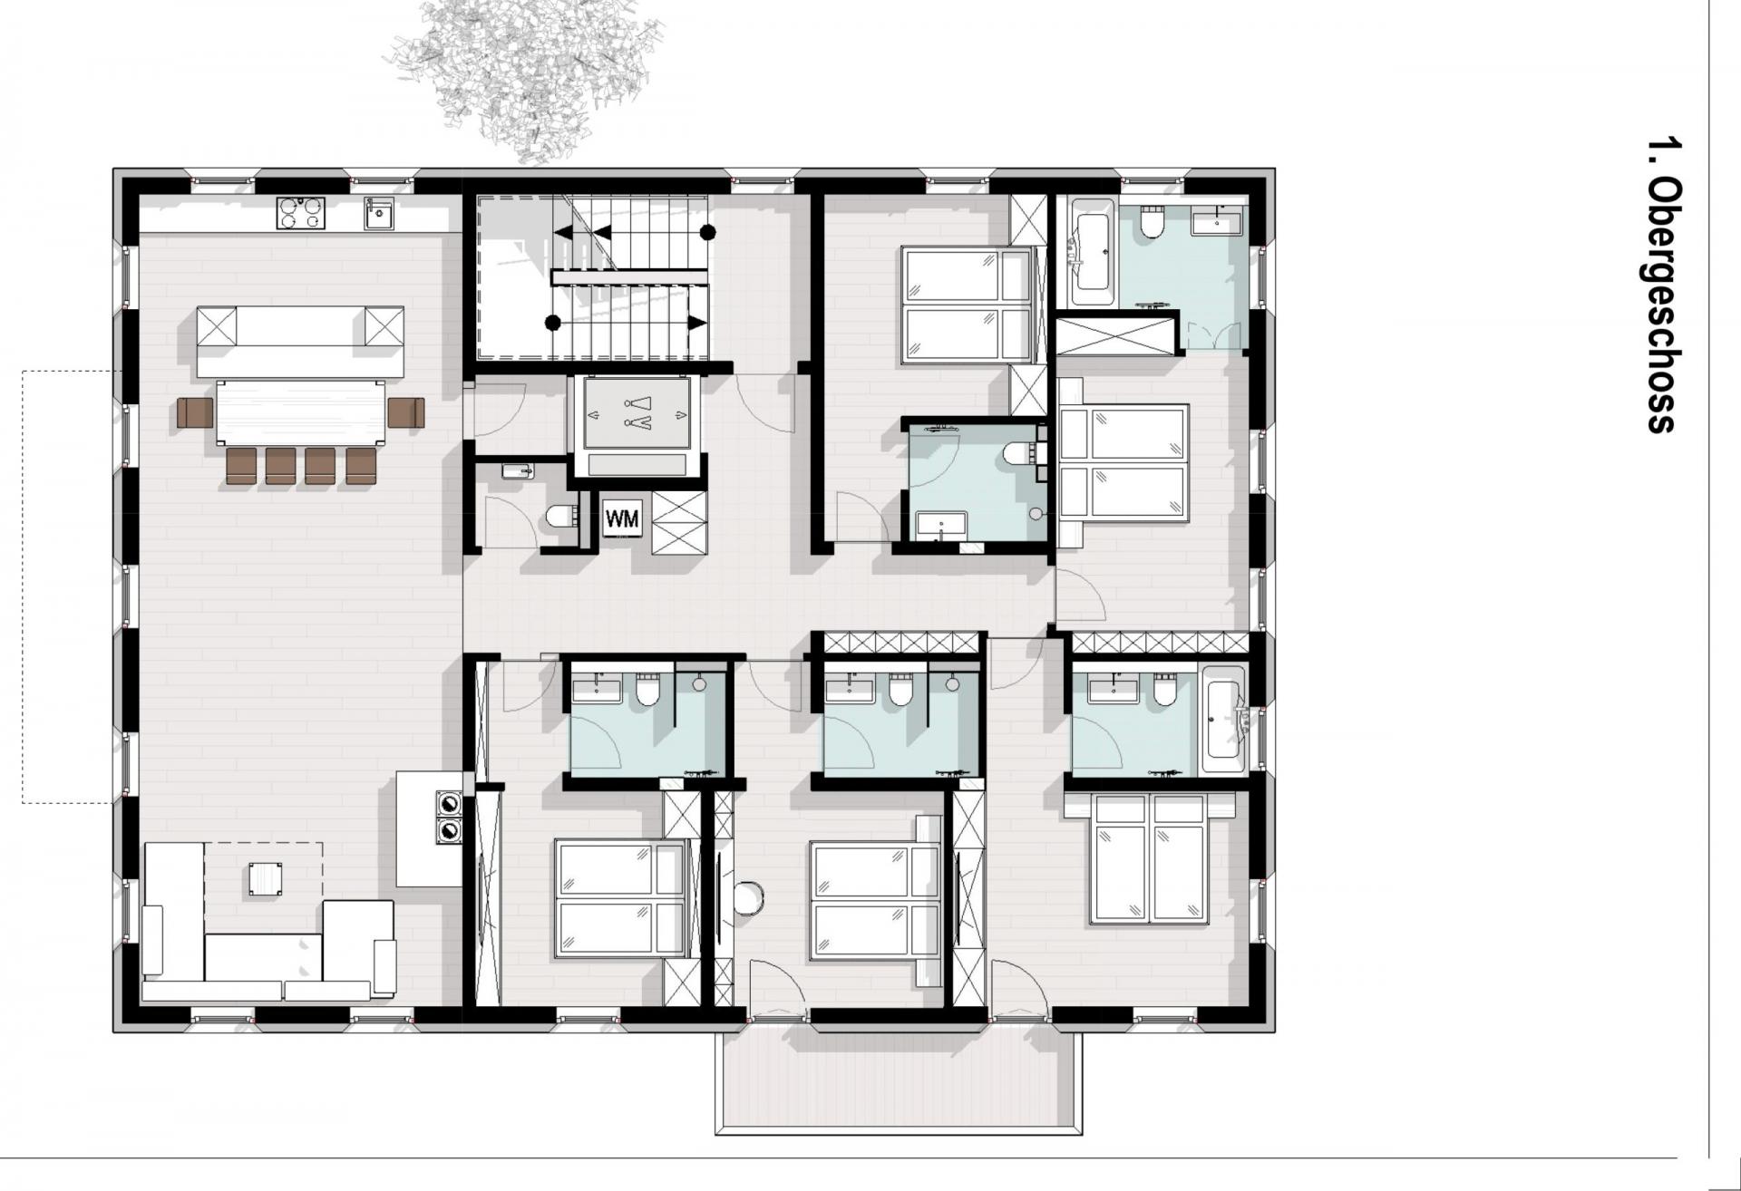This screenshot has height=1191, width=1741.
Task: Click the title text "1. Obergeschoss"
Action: (x=1661, y=285)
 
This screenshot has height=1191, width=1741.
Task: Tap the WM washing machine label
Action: (x=622, y=519)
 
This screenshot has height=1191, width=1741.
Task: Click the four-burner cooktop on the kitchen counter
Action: (x=301, y=213)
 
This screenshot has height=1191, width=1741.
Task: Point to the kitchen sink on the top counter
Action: (x=379, y=213)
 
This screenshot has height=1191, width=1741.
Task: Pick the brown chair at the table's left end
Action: (x=195, y=412)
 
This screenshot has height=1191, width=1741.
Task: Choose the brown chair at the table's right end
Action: (x=405, y=412)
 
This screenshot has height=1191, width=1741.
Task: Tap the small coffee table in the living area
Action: (x=265, y=878)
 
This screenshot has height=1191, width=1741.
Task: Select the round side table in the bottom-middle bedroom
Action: (x=749, y=898)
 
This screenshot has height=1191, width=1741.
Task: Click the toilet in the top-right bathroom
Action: (x=1152, y=223)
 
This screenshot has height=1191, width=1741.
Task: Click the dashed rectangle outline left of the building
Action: (x=68, y=586)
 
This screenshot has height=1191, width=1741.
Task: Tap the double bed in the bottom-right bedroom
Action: (x=1150, y=859)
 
